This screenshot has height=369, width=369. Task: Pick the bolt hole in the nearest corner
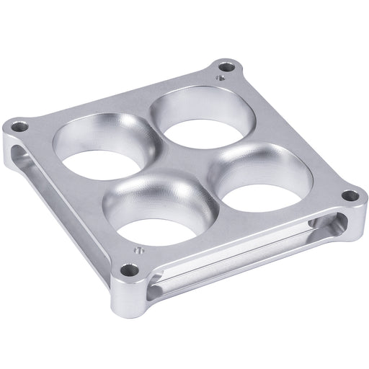coord(128,270)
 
